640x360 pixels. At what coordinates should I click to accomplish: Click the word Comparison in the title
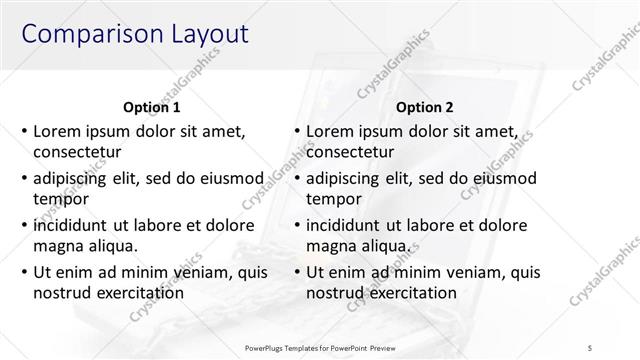coord(85,33)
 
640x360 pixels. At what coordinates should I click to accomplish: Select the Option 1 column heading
coord(152,107)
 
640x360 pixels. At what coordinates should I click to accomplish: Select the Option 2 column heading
coord(425,107)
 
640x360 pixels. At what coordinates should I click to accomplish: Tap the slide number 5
coord(591,347)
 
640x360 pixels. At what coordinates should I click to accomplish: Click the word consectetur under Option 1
coord(77,153)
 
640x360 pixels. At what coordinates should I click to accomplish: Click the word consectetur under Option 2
coord(350,153)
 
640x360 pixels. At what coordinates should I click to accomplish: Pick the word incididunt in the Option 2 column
coord(346,225)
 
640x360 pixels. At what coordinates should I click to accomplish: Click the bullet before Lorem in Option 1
coord(24,132)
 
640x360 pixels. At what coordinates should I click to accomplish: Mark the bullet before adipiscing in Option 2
coord(297,179)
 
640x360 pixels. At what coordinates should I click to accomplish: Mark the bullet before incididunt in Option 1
coord(24,226)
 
